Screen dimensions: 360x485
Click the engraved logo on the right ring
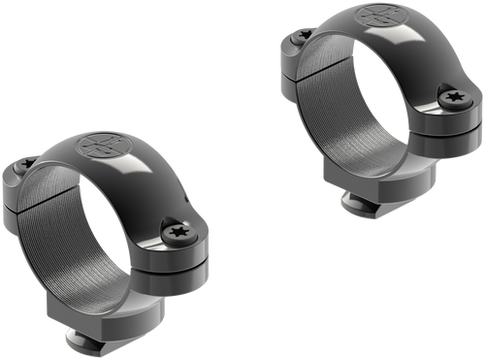(x=379, y=18)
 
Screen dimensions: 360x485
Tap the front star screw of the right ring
(x=453, y=97)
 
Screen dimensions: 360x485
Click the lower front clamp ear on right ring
(x=451, y=136)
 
